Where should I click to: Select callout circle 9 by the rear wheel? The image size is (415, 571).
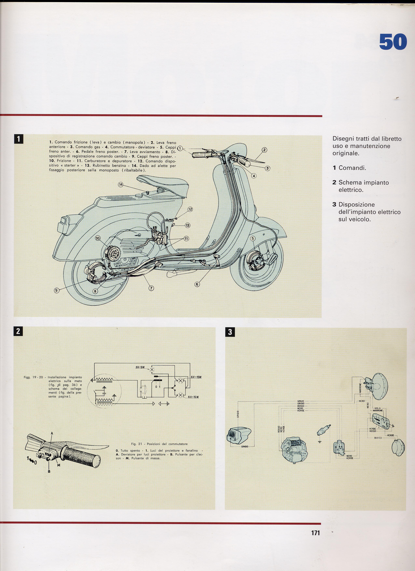(56, 290)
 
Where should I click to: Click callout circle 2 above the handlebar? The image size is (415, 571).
(264, 150)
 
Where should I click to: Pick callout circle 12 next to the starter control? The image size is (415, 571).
(190, 209)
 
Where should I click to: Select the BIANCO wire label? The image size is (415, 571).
(378, 438)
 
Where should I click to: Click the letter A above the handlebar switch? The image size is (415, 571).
(52, 433)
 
